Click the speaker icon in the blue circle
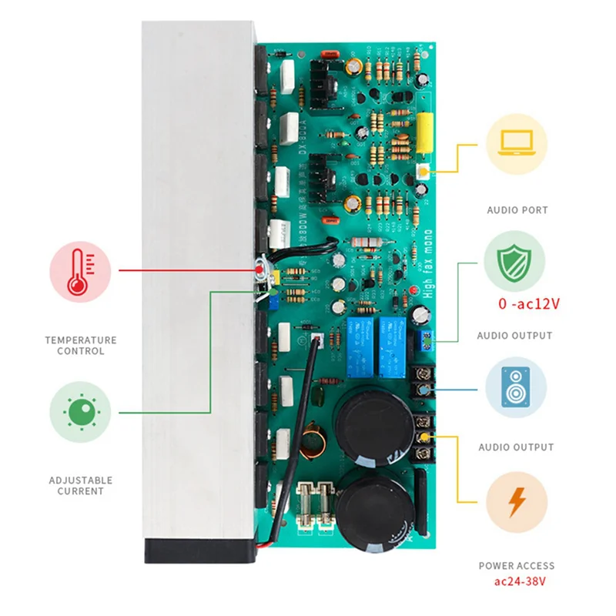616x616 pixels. (x=515, y=387)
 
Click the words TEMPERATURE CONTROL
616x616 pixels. (x=81, y=345)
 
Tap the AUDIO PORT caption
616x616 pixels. (x=516, y=209)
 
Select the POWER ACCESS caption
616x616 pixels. (x=516, y=566)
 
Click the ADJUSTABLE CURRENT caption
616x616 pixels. (x=80, y=485)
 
